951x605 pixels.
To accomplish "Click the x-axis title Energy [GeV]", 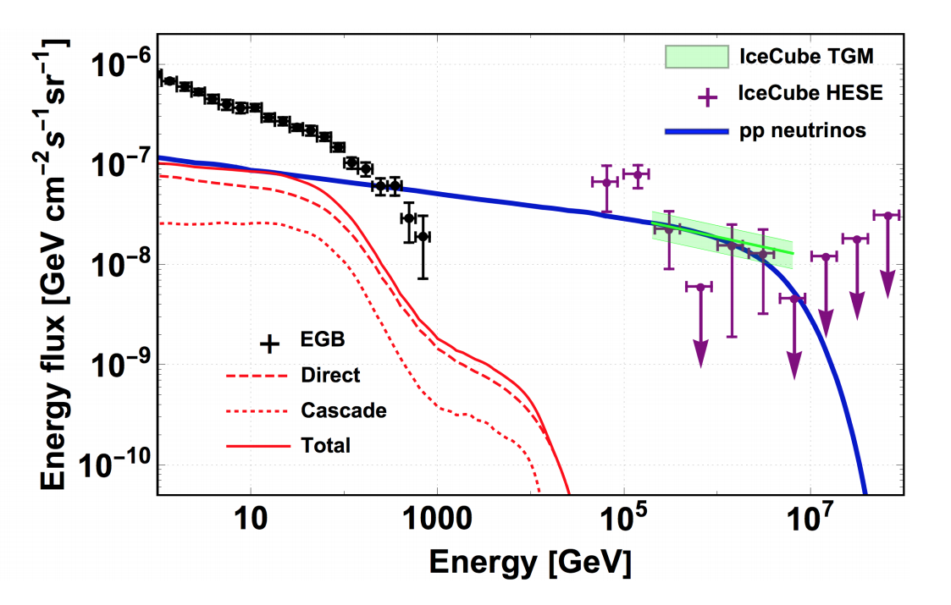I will point(529,561).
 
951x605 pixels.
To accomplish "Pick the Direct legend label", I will point(330,375).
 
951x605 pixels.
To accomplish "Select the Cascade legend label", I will point(344,410).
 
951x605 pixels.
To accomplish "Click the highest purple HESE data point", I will point(637,174).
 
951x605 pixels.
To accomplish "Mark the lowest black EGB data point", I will point(422,236).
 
